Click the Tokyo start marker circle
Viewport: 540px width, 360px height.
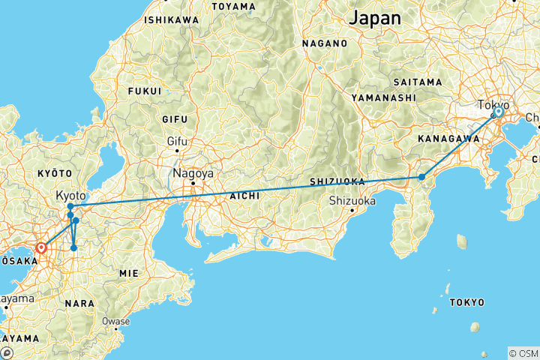point(498,112)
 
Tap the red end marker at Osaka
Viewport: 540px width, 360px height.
point(42,246)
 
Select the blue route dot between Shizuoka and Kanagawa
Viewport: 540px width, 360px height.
point(422,177)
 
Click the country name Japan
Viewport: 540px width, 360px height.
point(376,17)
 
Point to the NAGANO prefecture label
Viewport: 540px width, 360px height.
point(325,43)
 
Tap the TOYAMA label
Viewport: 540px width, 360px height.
point(233,7)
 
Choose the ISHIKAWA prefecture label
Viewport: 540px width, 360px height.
point(172,19)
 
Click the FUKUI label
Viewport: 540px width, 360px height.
point(145,91)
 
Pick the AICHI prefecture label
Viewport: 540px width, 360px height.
point(245,195)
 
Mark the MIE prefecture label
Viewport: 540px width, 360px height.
point(128,274)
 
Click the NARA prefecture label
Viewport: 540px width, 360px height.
point(79,303)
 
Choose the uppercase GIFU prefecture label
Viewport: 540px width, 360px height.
point(176,119)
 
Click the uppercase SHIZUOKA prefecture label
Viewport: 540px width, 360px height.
point(337,181)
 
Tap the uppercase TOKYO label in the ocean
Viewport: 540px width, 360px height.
point(466,302)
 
